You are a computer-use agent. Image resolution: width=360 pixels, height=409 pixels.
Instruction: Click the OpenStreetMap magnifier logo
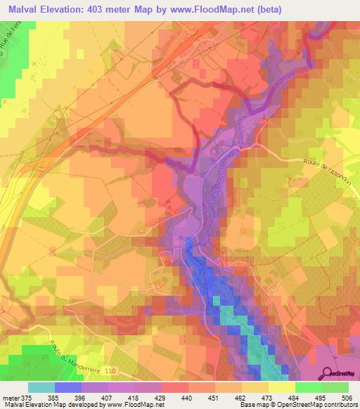tap(326, 373)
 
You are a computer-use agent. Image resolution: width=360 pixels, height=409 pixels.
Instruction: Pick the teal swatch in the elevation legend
tap(41, 387)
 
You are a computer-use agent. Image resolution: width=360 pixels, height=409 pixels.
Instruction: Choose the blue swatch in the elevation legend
tap(68, 387)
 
